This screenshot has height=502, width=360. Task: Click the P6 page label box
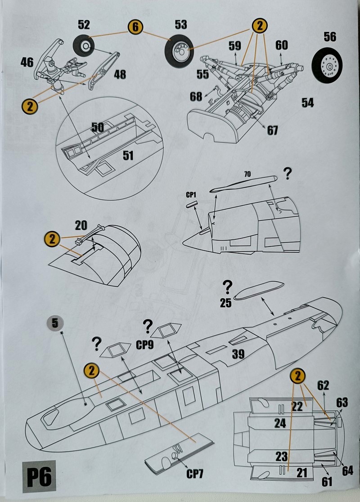39,476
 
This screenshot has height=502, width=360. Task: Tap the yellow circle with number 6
135,27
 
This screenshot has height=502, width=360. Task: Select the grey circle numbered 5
55,323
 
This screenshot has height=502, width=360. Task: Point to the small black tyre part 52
85,46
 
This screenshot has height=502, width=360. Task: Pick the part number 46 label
27,62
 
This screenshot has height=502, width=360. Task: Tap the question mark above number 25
228,286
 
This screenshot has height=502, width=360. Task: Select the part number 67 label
272,130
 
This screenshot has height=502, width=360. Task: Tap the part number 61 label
327,481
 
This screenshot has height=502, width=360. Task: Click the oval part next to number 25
260,291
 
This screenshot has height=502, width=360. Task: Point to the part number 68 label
196,97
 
